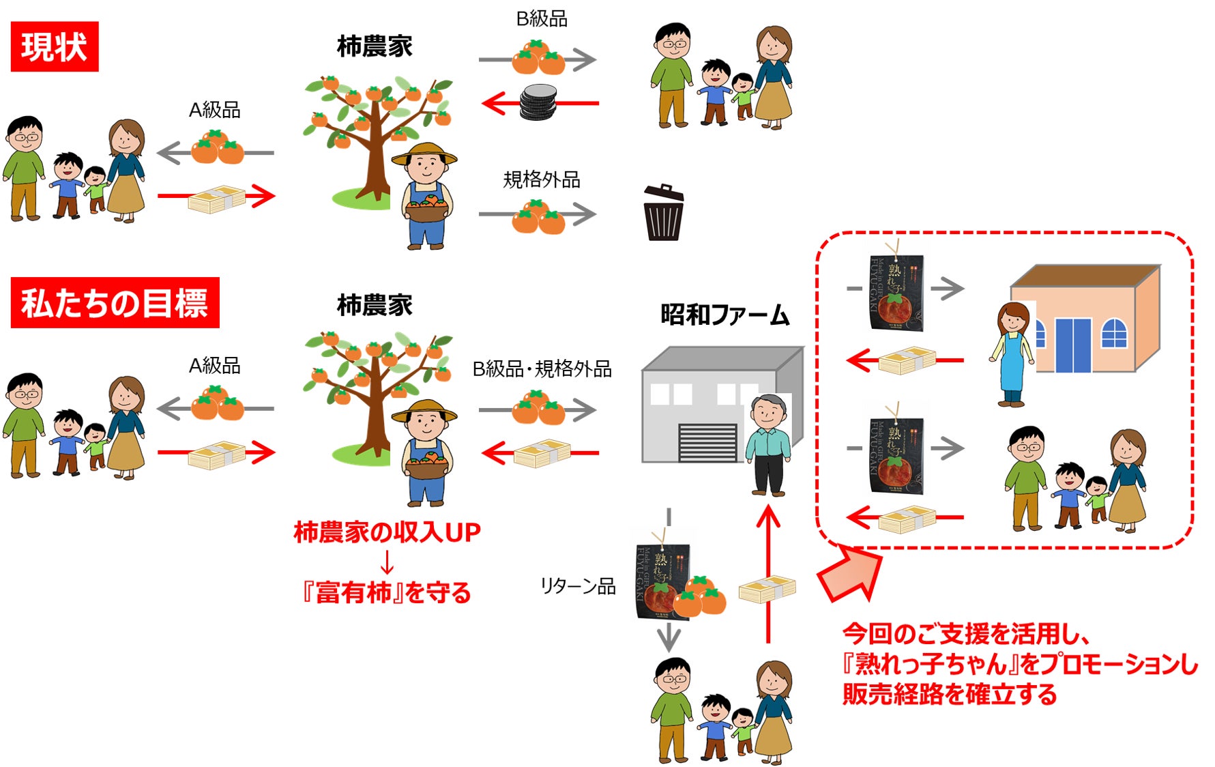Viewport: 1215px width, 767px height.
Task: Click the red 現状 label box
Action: [x=55, y=46]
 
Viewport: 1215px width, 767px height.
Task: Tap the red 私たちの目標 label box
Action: [x=115, y=303]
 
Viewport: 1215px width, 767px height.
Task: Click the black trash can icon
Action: [x=663, y=214]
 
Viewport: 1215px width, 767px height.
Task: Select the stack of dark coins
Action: [x=539, y=102]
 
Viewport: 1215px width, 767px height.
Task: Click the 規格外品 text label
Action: [x=542, y=179]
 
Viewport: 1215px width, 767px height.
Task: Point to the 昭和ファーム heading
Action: [x=724, y=315]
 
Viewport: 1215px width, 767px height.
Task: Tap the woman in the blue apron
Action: [x=1012, y=355]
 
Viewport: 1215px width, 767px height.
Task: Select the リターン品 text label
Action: [x=577, y=585]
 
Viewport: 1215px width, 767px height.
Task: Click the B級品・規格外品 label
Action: [x=542, y=369]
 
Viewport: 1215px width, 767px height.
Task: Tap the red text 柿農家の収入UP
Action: [x=387, y=532]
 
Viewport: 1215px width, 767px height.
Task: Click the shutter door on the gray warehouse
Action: [x=707, y=442]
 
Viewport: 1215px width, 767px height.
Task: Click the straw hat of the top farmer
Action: [x=424, y=154]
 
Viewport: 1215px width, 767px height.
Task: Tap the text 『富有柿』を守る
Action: [x=387, y=592]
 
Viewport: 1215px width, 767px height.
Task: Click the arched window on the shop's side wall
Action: [x=1113, y=333]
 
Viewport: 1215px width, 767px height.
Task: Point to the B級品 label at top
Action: [x=542, y=19]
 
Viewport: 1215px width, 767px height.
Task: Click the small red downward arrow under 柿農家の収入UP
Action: [x=387, y=562]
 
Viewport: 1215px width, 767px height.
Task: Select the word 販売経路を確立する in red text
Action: [x=949, y=694]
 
